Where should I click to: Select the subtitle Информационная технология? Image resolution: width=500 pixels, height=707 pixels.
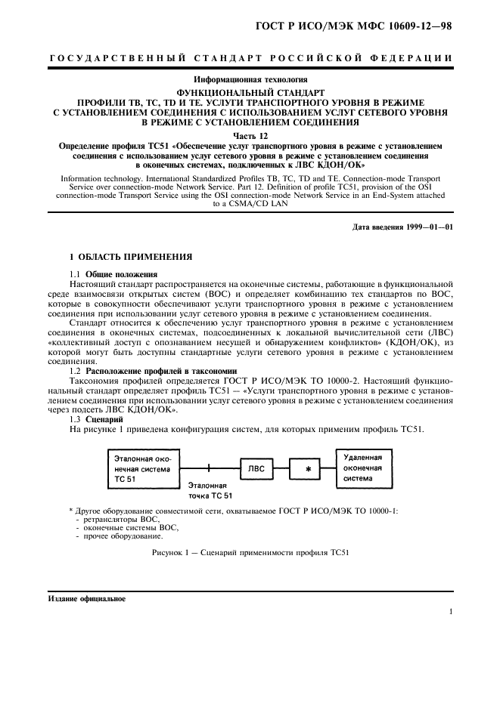point(249,79)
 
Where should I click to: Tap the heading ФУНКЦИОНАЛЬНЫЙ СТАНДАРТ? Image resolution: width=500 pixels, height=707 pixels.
point(249,91)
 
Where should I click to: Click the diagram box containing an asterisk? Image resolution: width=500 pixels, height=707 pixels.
point(308,469)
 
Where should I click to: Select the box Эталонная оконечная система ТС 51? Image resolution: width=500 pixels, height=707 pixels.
point(145,468)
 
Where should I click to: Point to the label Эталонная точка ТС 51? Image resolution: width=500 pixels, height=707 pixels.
point(210,491)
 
